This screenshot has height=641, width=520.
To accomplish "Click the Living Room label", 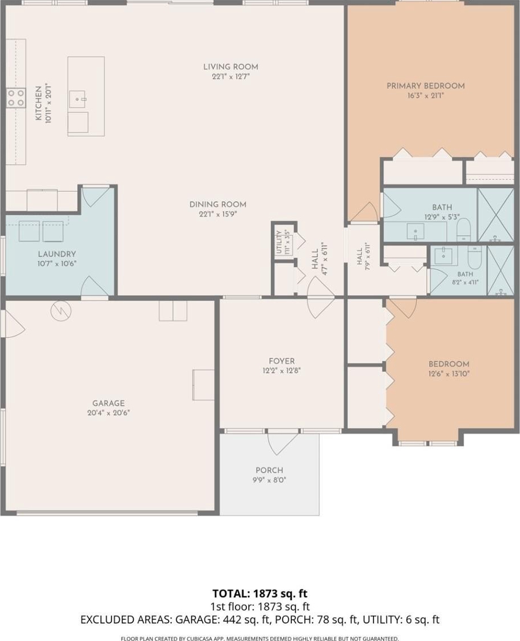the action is coord(230,66).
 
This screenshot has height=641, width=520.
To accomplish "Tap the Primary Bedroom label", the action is coord(426,86).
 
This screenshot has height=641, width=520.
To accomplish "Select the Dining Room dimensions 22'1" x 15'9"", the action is coord(218,214).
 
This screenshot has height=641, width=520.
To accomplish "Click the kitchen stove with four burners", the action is coord(16,98).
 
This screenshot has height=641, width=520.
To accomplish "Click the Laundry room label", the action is coord(57,254).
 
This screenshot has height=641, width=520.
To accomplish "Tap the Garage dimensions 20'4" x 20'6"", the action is coord(108,413).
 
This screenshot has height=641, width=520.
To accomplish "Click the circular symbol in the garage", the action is coord(61,311).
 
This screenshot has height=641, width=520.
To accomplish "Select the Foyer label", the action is coord(282,361).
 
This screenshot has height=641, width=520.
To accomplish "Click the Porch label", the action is coord(270,470).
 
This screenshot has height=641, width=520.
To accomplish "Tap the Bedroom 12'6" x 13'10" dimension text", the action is coord(449,374).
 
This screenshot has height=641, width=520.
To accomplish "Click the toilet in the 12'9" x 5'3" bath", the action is coord(464,231).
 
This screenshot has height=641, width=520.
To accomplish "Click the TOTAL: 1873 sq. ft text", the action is coord(259,593).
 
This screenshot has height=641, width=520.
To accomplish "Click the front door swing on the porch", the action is coord(283,443).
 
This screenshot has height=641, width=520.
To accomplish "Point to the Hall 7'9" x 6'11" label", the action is coord(363,257).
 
